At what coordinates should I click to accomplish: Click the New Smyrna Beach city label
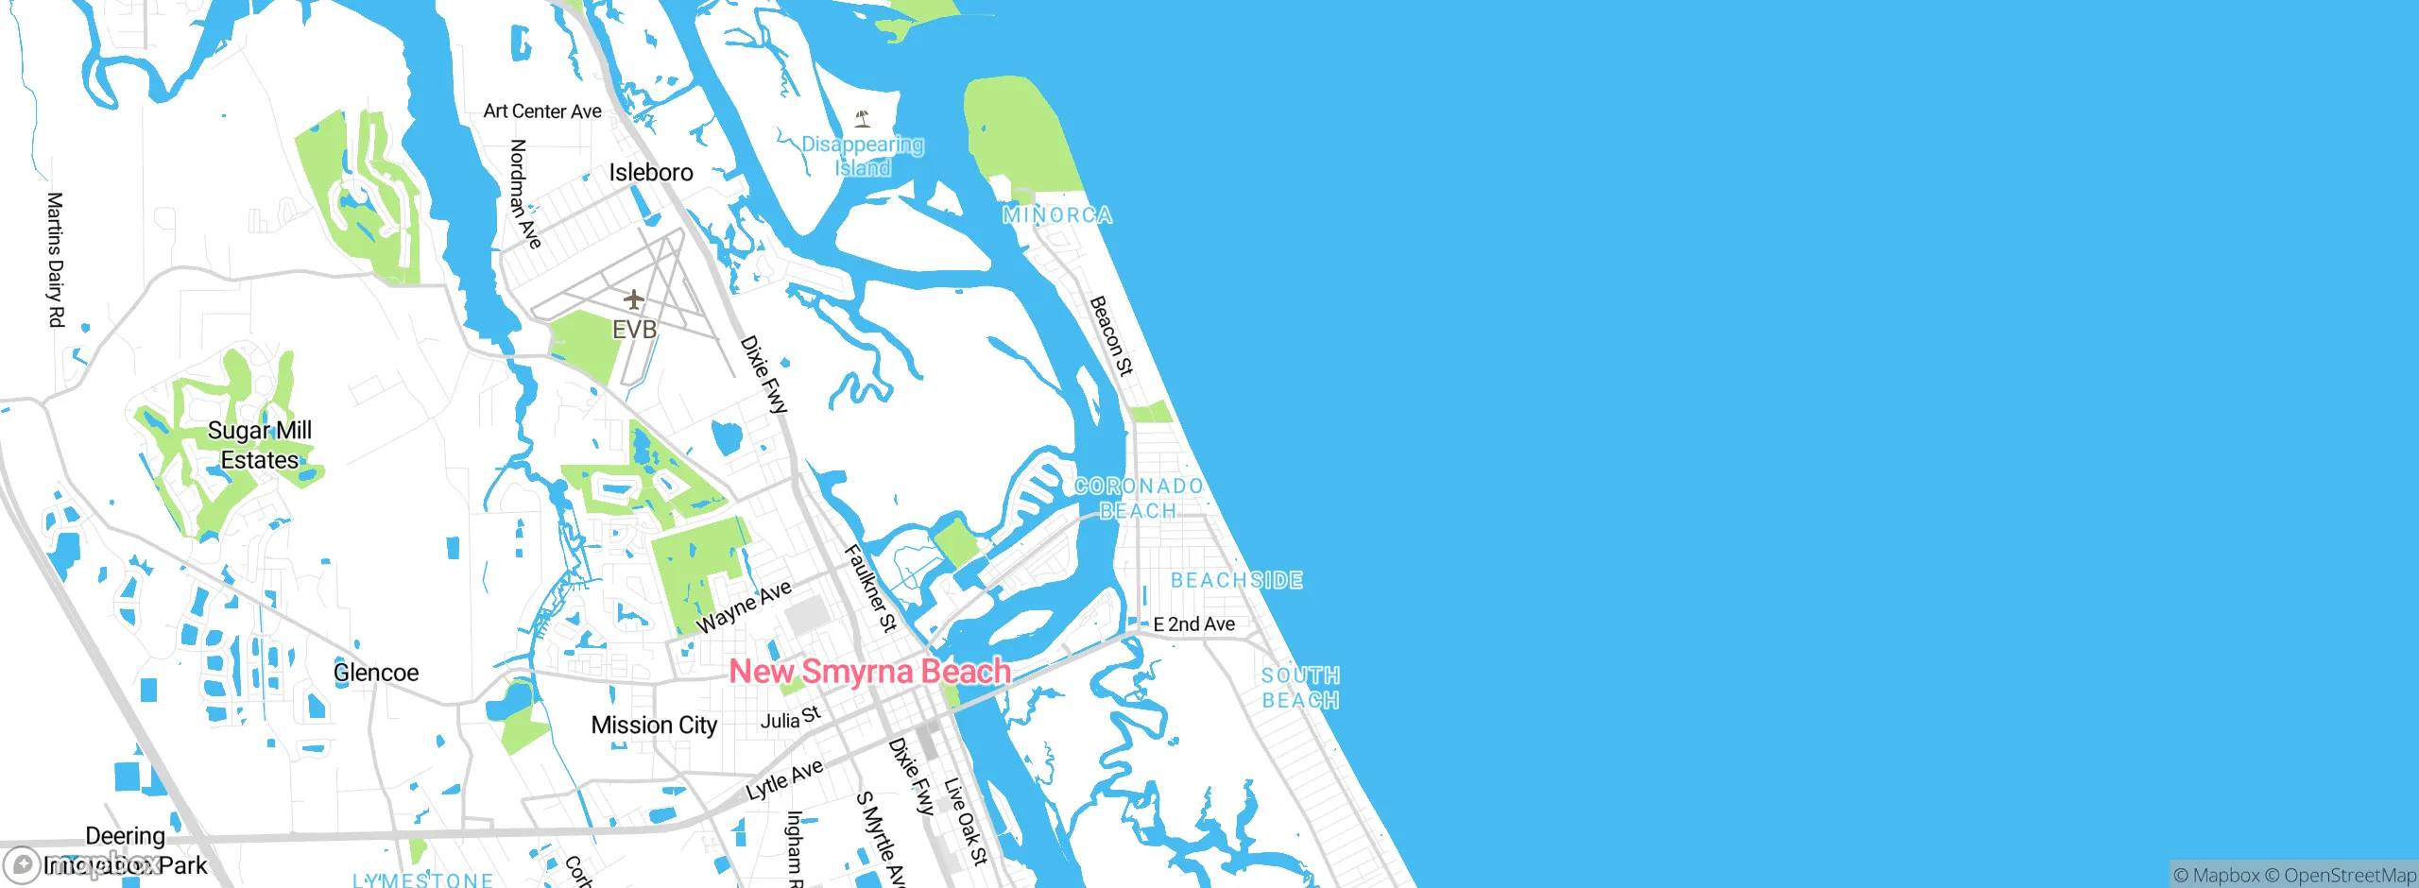869,672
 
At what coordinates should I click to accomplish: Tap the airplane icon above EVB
633,300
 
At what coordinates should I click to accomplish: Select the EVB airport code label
634,330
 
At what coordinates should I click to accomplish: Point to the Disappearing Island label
863,156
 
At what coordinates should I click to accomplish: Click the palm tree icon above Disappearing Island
862,119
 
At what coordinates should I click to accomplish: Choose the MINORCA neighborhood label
1056,215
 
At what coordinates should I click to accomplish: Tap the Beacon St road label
1111,335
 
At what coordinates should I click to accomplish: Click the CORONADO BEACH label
1139,498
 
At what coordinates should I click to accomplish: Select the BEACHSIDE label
1236,580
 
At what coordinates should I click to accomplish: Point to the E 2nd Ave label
1193,624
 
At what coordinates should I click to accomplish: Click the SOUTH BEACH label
1300,688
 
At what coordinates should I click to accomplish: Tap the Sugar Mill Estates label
260,445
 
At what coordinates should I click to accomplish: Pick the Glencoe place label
376,673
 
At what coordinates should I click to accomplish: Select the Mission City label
654,726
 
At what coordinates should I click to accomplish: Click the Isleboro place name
651,173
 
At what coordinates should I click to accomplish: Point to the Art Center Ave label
542,111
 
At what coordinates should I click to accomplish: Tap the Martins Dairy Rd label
56,260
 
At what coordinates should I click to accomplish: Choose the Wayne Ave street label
744,607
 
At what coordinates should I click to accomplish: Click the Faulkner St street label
870,587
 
